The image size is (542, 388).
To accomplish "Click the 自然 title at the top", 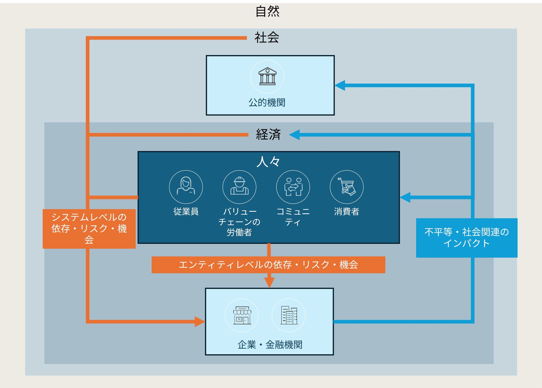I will (267, 11).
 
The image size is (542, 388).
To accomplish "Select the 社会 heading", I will (267, 37).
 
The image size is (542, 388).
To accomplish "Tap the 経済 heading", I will (268, 134).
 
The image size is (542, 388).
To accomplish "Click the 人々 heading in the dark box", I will (268, 161).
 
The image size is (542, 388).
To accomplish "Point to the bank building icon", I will (267, 76).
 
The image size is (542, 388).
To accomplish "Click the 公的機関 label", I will (267, 102).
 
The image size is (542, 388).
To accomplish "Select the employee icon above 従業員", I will (186, 187).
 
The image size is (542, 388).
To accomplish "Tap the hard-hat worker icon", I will (239, 187).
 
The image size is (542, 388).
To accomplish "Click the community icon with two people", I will (293, 187).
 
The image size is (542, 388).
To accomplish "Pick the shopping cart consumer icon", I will (346, 187).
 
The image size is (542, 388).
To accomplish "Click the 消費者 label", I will (346, 211).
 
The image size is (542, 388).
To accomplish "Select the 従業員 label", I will (186, 211).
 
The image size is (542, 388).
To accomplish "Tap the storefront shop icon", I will (242, 315).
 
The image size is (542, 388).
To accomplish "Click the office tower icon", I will (288, 315).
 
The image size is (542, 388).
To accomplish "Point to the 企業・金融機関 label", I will (270, 345).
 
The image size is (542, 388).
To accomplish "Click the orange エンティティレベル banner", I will (268, 265).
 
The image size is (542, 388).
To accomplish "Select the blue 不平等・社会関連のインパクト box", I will (466, 238).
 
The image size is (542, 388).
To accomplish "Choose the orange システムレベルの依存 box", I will (89, 229).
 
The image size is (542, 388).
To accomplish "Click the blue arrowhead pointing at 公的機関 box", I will (340, 85).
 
